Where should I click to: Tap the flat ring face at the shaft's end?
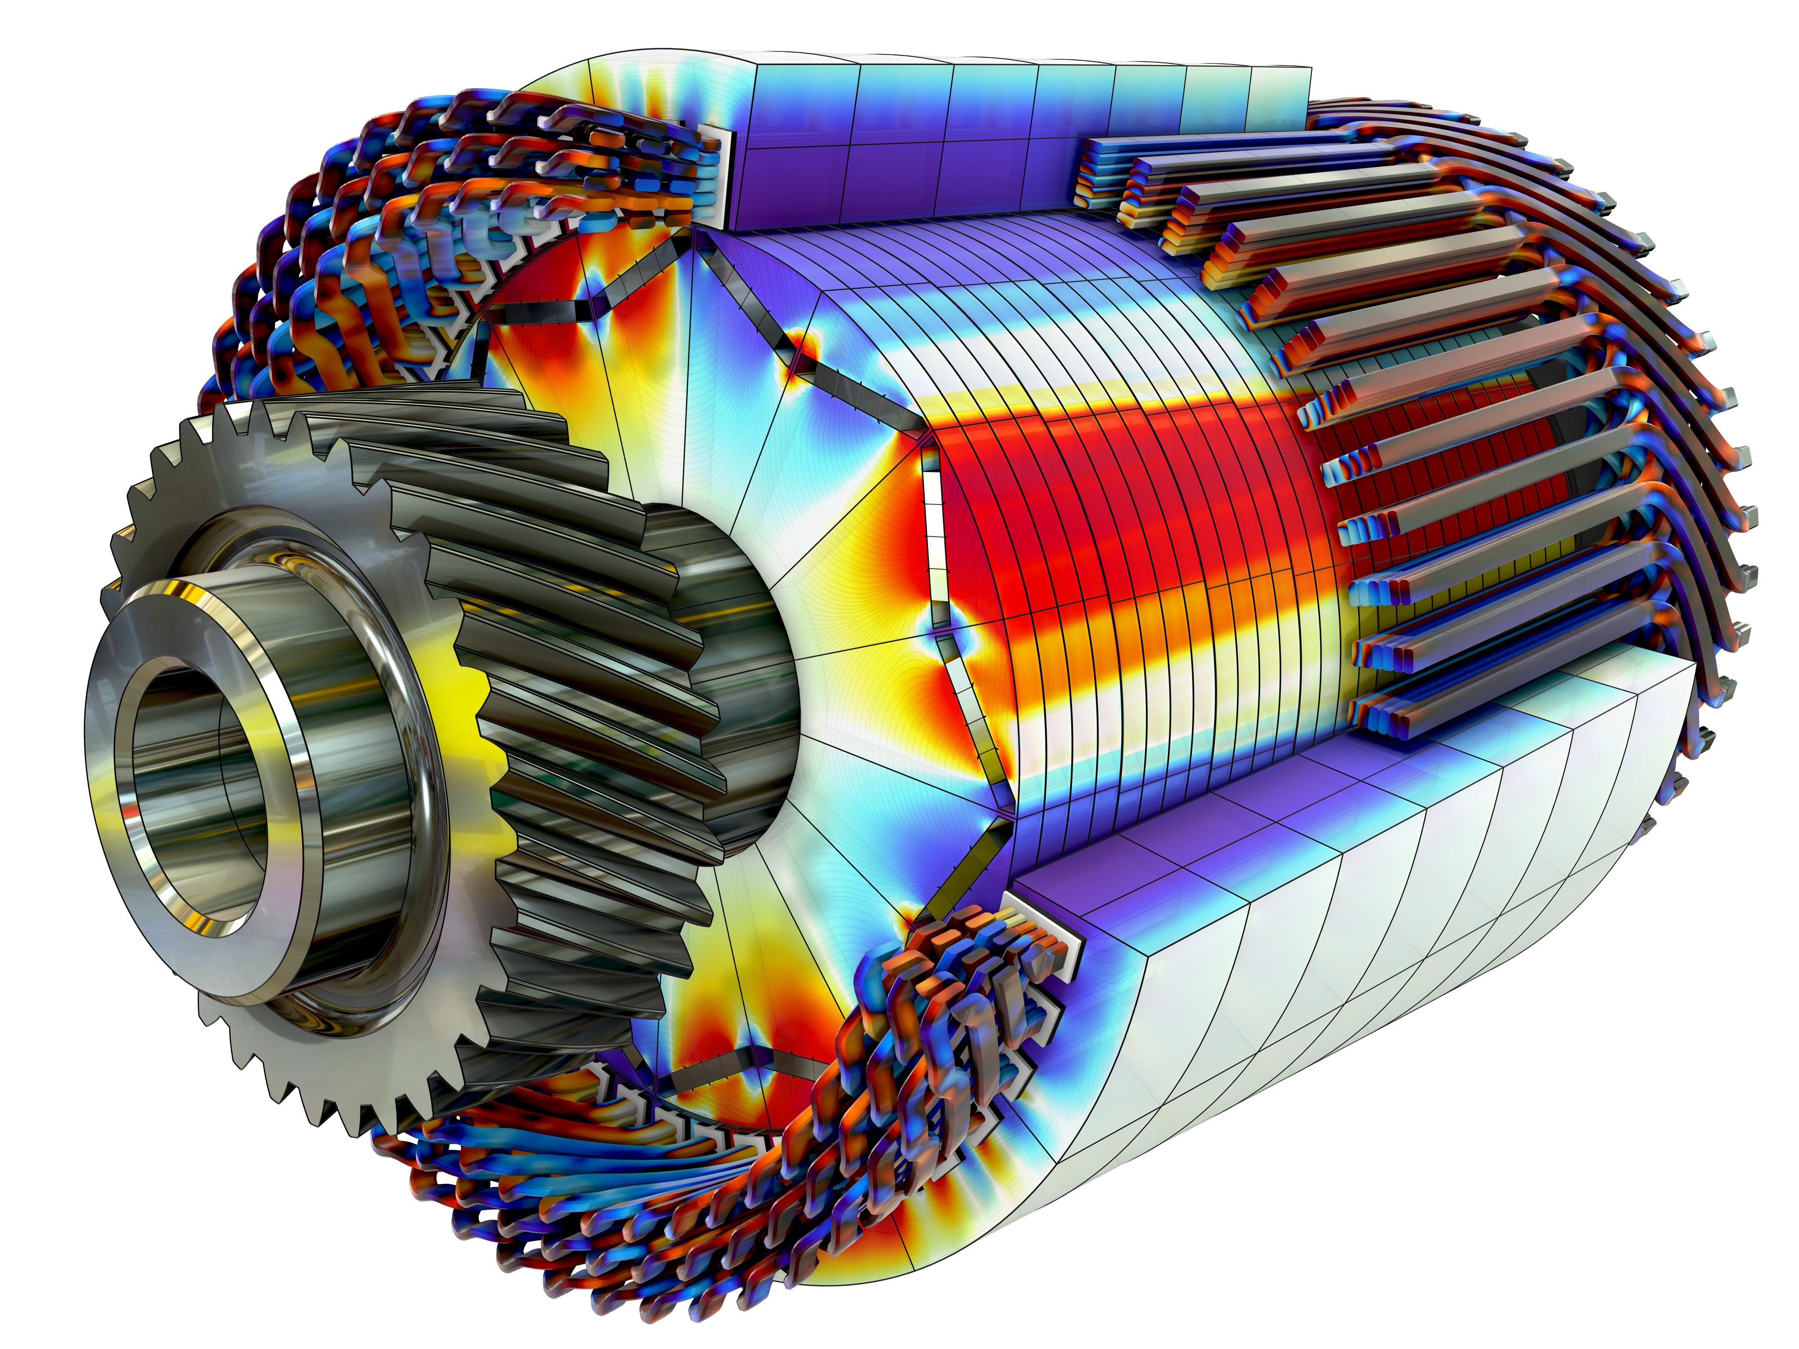coord(122,781)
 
